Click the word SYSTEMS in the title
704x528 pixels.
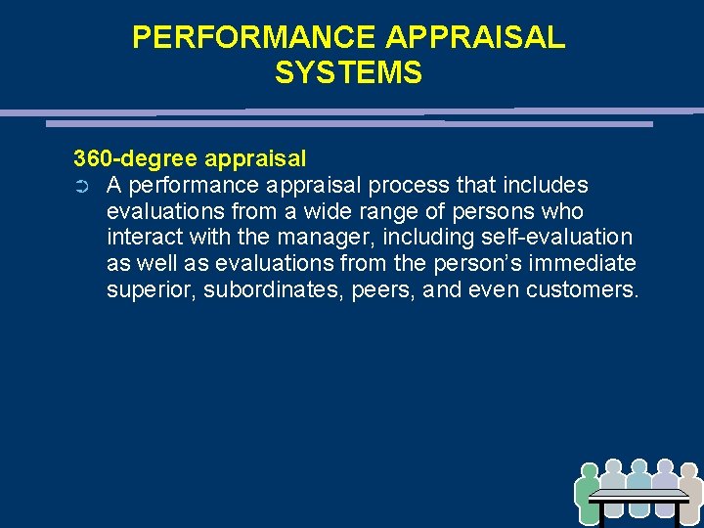coord(348,72)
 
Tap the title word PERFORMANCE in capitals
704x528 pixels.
coord(253,37)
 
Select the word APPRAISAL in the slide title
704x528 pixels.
coord(475,37)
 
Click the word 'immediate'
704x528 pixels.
coord(589,264)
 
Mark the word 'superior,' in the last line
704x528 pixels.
coord(151,290)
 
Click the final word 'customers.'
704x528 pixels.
coord(582,290)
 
